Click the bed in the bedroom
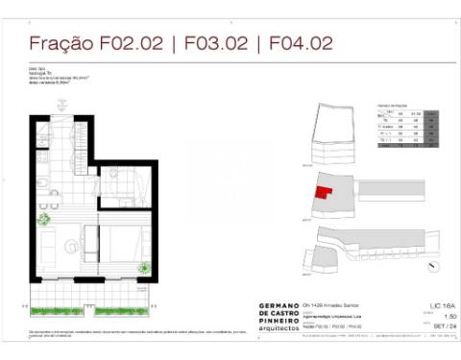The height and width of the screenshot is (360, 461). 123,241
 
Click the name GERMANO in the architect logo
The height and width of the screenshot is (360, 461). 280,306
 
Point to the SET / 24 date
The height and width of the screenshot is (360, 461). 438,324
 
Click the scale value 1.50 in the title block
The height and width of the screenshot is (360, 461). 438,315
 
